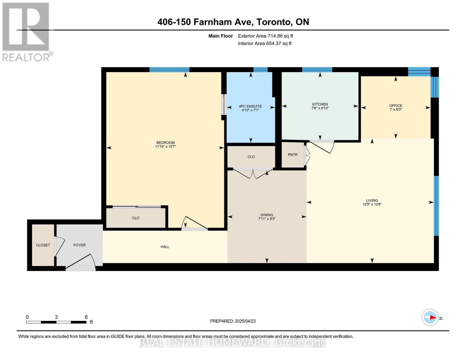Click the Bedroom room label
(165, 142)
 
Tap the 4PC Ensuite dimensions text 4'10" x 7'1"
(250, 110)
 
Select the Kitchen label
(320, 104)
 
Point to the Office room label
(395, 105)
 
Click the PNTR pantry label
(293, 154)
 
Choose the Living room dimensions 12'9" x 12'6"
(372, 204)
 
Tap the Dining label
(267, 215)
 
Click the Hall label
(165, 247)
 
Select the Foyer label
(80, 245)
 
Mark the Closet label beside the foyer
(43, 245)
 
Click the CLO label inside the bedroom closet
(136, 218)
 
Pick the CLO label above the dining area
(251, 157)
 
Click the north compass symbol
(430, 317)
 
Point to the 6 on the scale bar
(86, 317)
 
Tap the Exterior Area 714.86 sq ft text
(265, 36)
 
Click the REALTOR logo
(26, 31)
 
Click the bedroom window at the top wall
(169, 70)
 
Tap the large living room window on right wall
(436, 206)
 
